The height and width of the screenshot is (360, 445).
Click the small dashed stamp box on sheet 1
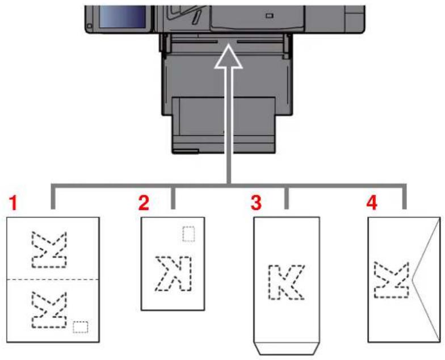[81, 326]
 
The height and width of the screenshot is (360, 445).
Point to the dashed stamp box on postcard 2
[188, 233]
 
